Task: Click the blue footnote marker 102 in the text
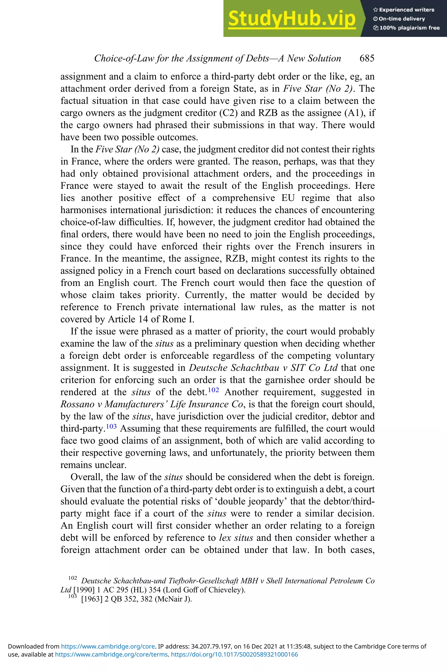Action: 213,390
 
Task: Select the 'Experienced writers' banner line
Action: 404,10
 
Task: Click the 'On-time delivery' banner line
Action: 399,19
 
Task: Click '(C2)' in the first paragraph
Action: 229,113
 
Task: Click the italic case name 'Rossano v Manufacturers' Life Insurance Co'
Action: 151,404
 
